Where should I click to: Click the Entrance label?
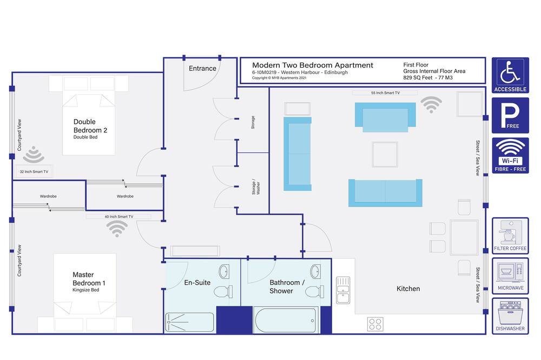tap(202, 68)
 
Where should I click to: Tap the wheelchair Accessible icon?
tap(510, 75)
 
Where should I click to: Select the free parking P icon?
tap(510, 115)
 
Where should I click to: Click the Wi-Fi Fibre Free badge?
tap(510, 156)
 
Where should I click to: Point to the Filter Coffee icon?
tap(510, 236)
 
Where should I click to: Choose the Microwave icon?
tap(510, 276)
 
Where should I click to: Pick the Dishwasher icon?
tap(510, 316)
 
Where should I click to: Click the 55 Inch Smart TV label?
tap(385, 93)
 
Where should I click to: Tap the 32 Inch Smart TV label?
tap(34, 171)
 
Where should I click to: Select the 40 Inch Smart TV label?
tap(118, 217)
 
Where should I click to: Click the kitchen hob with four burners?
tap(375, 324)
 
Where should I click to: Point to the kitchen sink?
tap(343, 290)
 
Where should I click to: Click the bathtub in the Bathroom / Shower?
tap(286, 321)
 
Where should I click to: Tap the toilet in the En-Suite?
tap(223, 292)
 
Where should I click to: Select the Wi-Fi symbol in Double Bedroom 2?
tap(34, 155)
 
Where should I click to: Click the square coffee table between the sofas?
tap(385, 155)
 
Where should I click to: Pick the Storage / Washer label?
tap(256, 187)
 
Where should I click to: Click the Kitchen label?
tap(408, 289)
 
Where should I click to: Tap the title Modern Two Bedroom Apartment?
tap(313, 65)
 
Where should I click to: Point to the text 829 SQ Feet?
tap(418, 78)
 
